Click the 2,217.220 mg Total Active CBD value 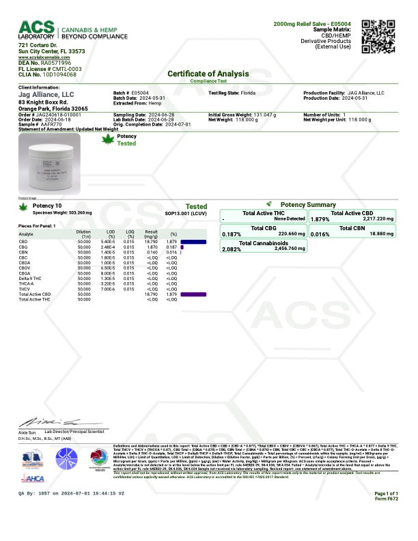(376, 219)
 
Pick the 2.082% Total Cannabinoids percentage (232, 249)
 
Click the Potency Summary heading (308, 204)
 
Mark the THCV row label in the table (25, 289)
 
